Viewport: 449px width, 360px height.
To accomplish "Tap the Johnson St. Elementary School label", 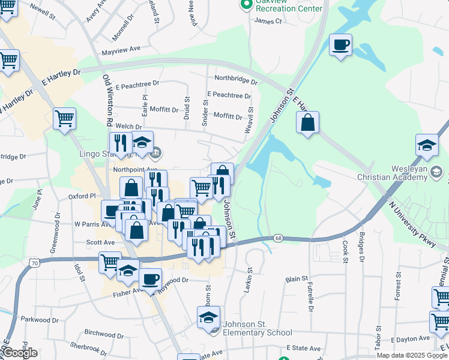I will coord(257,329).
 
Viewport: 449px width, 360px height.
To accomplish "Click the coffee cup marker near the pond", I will coord(340,45).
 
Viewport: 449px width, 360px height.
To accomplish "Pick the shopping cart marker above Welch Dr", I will coord(64,118).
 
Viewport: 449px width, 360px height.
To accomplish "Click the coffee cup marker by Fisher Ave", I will coord(150,278).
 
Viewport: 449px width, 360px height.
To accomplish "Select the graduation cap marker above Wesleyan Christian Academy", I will coord(427,146).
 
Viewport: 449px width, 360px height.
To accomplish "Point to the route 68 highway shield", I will coord(279,238).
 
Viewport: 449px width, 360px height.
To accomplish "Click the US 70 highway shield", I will coord(35,262).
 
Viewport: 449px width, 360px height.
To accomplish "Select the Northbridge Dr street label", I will coord(236,79).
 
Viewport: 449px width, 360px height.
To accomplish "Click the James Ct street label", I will coord(268,21).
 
